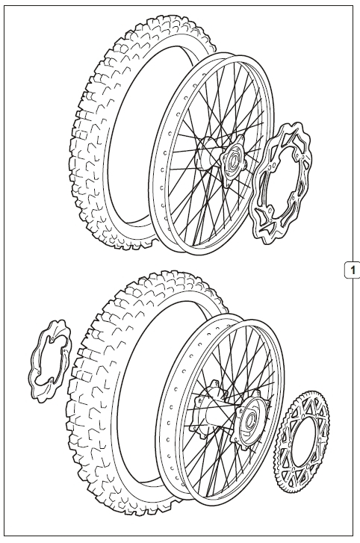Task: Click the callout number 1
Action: (353, 270)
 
